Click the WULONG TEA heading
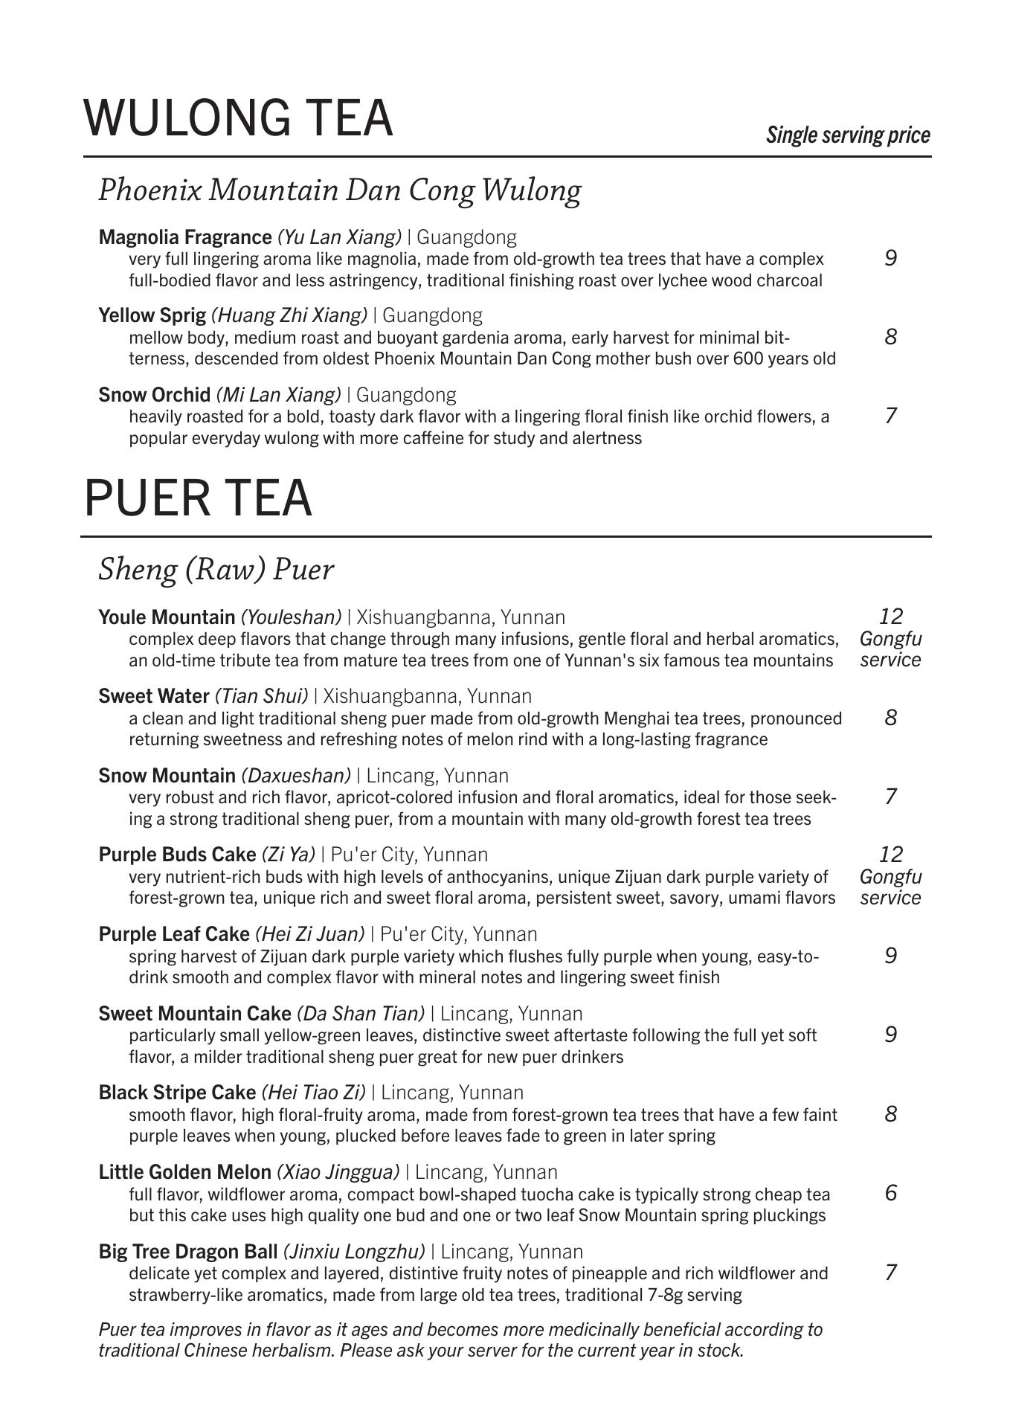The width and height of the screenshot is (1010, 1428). [238, 118]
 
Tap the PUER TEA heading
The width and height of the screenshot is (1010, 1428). [198, 498]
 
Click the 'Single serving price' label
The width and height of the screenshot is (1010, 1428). [848, 135]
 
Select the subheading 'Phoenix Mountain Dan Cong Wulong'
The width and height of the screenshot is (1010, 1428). [340, 190]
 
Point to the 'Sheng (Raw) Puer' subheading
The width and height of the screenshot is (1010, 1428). [216, 570]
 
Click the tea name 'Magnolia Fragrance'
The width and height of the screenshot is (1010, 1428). [185, 237]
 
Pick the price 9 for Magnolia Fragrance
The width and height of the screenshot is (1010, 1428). [891, 258]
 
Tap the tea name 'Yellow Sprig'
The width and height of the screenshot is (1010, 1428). [152, 315]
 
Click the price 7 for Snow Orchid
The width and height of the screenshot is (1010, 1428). [891, 415]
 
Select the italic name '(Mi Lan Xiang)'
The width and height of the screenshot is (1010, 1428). [279, 394]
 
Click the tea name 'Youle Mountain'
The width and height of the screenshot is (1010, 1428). [167, 617]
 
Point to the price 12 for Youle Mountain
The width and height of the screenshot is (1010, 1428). [891, 617]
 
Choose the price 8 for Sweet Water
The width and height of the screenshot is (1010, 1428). [891, 718]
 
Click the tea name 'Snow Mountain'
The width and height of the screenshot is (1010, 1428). [167, 776]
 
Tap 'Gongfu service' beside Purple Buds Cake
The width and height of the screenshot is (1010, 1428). [891, 887]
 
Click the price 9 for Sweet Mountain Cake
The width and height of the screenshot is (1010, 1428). [891, 1035]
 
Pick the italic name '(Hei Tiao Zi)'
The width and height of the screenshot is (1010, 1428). [313, 1093]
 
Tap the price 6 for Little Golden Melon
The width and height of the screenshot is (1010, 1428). [891, 1193]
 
